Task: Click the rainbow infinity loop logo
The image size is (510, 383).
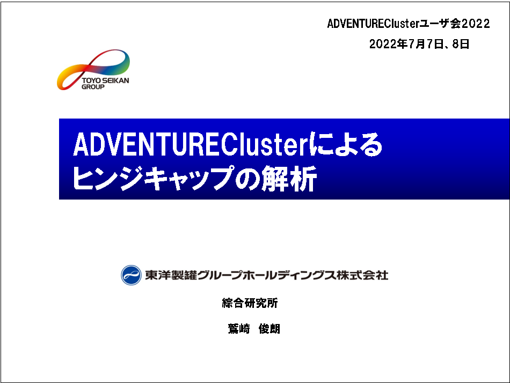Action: coord(94,67)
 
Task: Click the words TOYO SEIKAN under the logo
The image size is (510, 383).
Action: coord(105,81)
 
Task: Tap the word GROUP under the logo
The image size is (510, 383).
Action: coord(93,87)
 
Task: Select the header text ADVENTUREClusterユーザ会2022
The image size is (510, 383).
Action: coord(408,24)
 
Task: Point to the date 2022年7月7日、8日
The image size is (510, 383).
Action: coord(419,45)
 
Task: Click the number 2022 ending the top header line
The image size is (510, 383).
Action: coord(475,24)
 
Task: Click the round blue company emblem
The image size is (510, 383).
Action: coord(131,275)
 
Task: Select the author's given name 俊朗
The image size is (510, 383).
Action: coord(269,329)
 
